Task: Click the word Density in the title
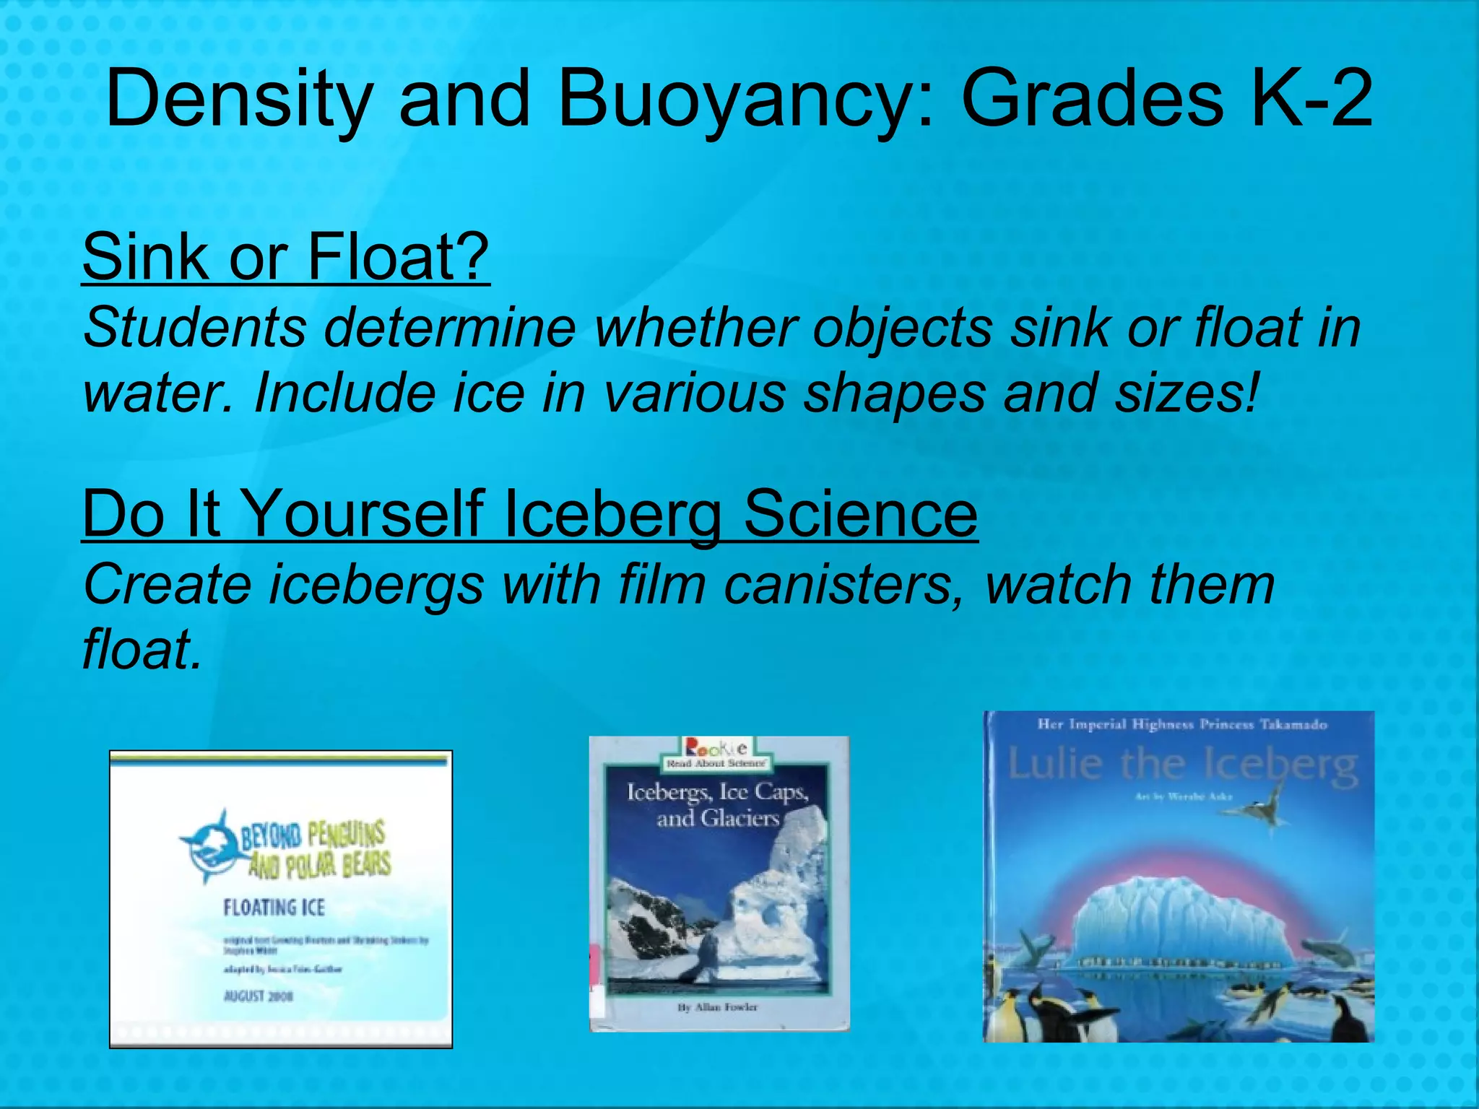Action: click(239, 99)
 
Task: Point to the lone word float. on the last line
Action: click(142, 648)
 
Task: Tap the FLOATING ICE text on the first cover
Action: click(274, 907)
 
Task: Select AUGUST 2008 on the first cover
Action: click(258, 996)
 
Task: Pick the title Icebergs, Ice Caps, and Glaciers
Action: click(717, 805)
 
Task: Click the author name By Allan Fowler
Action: click(717, 1006)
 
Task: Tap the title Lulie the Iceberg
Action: click(1181, 765)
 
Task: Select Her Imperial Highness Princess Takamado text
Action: click(1182, 724)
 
